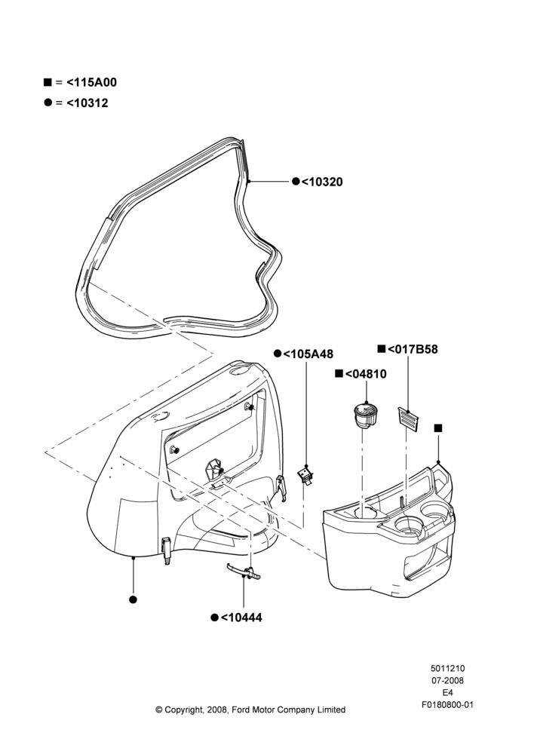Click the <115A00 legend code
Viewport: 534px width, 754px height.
coord(91,82)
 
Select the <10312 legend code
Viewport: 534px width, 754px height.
coord(87,103)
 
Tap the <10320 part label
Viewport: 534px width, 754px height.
coord(322,182)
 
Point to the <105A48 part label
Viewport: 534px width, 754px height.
coord(308,354)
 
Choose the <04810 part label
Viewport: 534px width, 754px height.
coord(366,374)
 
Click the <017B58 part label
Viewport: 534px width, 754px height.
coord(413,349)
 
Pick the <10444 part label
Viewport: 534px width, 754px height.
coord(241,618)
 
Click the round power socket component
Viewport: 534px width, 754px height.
coord(366,415)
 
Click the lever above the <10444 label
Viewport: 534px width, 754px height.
coord(244,572)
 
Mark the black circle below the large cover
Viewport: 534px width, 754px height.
coord(133,599)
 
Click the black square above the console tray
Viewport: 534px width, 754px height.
coord(437,428)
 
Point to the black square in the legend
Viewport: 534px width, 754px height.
coord(48,81)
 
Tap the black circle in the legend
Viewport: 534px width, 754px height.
coord(48,103)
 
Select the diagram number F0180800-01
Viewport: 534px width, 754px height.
coord(447,705)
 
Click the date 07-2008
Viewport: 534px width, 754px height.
coord(447,680)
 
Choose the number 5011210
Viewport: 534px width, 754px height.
coord(447,668)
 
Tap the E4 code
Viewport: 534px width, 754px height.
coord(447,693)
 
